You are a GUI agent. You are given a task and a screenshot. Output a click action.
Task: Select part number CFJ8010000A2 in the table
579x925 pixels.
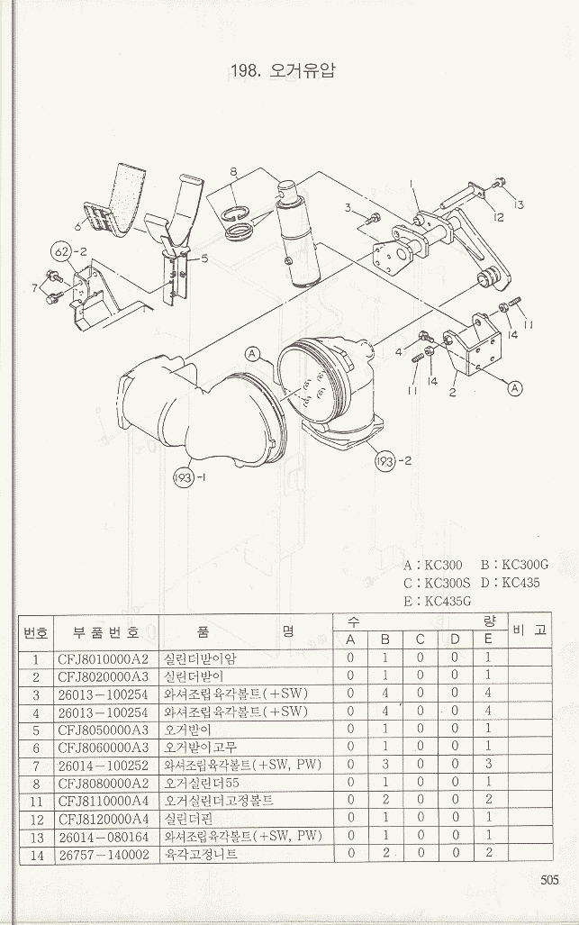(x=102, y=658)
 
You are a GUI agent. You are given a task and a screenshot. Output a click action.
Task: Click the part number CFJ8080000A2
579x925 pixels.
(x=102, y=782)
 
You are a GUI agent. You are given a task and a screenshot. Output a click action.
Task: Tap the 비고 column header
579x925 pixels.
(x=529, y=630)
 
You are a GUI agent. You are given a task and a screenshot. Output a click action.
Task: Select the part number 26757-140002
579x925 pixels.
(x=102, y=853)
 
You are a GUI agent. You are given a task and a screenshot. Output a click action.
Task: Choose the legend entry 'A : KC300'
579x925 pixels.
(x=433, y=565)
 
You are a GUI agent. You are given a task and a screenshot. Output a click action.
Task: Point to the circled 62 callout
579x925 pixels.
(x=60, y=249)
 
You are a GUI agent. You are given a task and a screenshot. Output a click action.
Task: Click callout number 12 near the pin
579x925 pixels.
(x=498, y=216)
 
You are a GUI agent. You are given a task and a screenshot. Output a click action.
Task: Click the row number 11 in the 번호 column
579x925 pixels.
(x=36, y=800)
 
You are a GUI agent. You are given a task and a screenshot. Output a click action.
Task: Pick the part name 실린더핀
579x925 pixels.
(x=187, y=818)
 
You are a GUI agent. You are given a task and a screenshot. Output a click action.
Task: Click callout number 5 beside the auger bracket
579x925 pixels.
(x=204, y=258)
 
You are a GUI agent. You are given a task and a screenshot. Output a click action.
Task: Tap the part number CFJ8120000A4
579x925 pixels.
(x=102, y=818)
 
